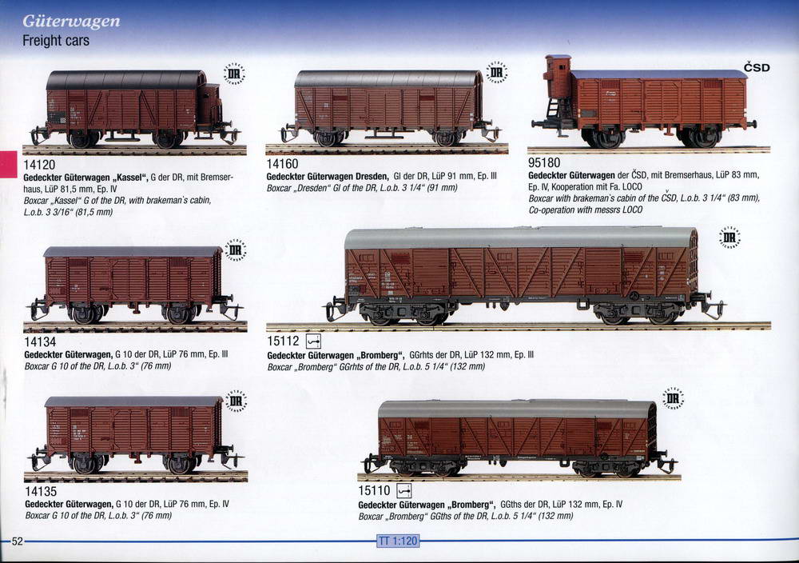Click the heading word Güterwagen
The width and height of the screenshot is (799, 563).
click(x=71, y=22)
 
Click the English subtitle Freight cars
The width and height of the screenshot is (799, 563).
click(x=56, y=40)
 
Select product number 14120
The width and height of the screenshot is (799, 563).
click(x=39, y=164)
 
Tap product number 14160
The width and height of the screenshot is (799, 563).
click(x=282, y=163)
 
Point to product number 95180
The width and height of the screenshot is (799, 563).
click(x=544, y=162)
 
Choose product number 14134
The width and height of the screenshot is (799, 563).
click(x=40, y=341)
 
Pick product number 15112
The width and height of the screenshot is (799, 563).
click(x=283, y=340)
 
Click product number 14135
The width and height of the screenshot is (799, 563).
click(x=41, y=491)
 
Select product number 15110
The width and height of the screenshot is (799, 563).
click(x=374, y=490)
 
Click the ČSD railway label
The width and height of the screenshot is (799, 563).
click(x=757, y=67)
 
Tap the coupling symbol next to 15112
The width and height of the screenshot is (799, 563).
click(x=313, y=341)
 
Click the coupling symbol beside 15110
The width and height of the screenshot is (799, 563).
click(x=404, y=490)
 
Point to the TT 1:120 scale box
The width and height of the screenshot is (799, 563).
click(x=398, y=541)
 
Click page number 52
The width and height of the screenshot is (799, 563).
click(x=18, y=541)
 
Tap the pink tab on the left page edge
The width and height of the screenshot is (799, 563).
click(x=8, y=164)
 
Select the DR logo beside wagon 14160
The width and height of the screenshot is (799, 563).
click(x=496, y=73)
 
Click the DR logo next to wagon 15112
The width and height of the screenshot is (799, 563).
click(x=729, y=238)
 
